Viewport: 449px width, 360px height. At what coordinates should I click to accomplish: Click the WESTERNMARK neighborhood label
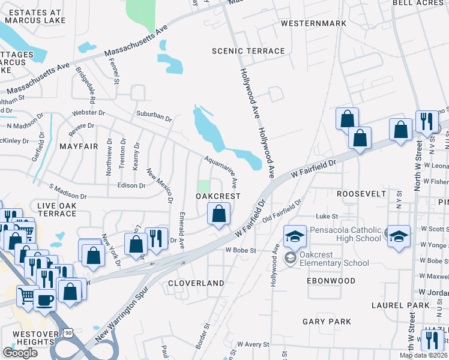[x=313, y=23]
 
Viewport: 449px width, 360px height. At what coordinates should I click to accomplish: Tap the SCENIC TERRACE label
[x=248, y=51]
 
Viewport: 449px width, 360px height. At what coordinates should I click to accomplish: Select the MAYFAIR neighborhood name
[x=79, y=146]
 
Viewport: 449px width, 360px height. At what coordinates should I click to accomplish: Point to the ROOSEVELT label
[x=360, y=194]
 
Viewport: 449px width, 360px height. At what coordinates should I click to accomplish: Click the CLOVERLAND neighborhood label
[x=196, y=283]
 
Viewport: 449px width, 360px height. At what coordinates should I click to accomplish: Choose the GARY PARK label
[x=327, y=322]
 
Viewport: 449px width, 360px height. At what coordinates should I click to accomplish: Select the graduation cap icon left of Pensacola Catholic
[x=295, y=236]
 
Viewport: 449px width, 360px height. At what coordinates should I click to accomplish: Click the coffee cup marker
[x=44, y=298]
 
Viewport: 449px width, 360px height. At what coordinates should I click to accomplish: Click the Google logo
[x=20, y=353]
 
